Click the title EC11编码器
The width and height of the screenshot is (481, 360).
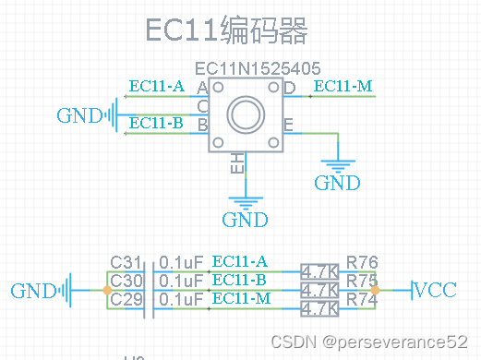point(226,30)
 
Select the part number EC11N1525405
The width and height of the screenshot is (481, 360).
point(258,68)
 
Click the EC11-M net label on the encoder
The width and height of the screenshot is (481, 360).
point(343,87)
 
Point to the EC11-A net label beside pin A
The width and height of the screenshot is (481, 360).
point(157,87)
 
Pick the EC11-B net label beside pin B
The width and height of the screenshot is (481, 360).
point(156,123)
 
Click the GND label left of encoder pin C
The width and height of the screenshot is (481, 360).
point(78,115)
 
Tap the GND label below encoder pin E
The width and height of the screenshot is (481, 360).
point(337,183)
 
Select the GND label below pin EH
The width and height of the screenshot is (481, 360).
point(245,220)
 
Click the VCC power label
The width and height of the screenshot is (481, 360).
point(435,291)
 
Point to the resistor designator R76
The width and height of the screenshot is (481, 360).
point(362,262)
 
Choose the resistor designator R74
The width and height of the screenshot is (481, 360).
point(362,299)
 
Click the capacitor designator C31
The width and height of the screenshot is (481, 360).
point(127,262)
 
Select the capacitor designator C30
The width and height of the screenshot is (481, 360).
point(127,281)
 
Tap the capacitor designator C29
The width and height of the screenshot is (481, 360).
point(127,299)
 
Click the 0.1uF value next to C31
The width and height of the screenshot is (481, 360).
point(181,262)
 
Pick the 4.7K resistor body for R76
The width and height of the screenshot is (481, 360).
point(320,272)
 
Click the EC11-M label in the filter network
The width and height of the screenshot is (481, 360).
point(241,298)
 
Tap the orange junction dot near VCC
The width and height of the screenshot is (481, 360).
point(375,290)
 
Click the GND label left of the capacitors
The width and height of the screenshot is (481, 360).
point(33,291)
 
